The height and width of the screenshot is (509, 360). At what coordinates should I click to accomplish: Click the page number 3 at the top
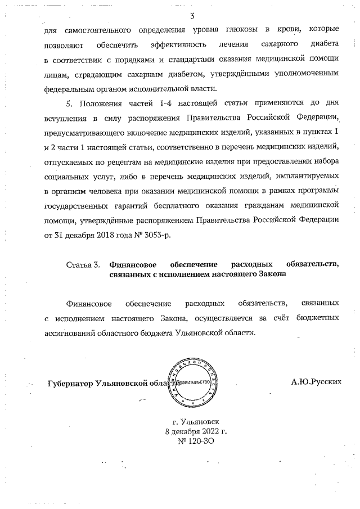pyautogui.click(x=192, y=16)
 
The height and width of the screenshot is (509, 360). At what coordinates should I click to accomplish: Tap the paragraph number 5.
pyautogui.click(x=70, y=103)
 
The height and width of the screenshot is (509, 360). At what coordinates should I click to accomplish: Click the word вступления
pyautogui.click(x=63, y=119)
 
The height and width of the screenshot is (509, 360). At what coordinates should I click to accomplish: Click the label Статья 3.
pyautogui.click(x=83, y=264)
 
